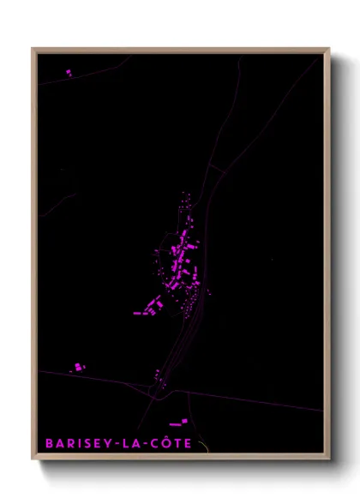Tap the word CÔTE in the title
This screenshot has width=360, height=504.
click(172, 444)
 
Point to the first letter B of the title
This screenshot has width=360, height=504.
click(50, 444)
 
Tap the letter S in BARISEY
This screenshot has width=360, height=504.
click(84, 444)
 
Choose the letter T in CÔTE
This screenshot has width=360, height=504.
click(177, 444)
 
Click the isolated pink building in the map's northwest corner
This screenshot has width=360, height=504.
click(68, 73)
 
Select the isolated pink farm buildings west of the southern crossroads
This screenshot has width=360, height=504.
click(78, 367)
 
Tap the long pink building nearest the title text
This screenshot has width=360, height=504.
click(177, 423)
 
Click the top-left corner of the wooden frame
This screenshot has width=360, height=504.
click(33, 49)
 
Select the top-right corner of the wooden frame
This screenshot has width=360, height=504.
click(329, 49)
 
